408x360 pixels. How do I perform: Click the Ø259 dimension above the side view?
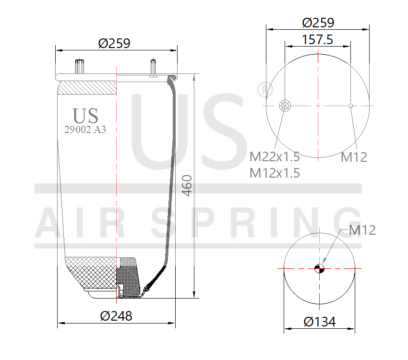click(114, 43)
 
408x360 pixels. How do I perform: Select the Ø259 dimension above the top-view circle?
click(318, 23)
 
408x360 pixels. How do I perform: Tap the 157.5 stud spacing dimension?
click(317, 39)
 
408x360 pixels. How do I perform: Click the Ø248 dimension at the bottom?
click(116, 316)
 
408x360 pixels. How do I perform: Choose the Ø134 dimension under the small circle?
click(319, 321)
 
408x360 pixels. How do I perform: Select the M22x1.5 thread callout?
click(275, 156)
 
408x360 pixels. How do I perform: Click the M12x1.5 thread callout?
click(275, 173)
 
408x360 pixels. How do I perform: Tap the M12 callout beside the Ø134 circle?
click(362, 230)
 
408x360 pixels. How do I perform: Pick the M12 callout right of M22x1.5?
click(354, 156)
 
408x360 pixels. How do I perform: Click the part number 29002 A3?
click(85, 129)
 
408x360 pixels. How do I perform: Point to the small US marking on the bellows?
click(85, 116)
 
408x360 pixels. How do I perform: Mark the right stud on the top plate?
click(153, 67)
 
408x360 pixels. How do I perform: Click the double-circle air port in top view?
click(285, 106)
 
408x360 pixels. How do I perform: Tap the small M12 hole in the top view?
click(351, 106)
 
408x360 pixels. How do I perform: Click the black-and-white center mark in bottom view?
click(319, 269)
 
